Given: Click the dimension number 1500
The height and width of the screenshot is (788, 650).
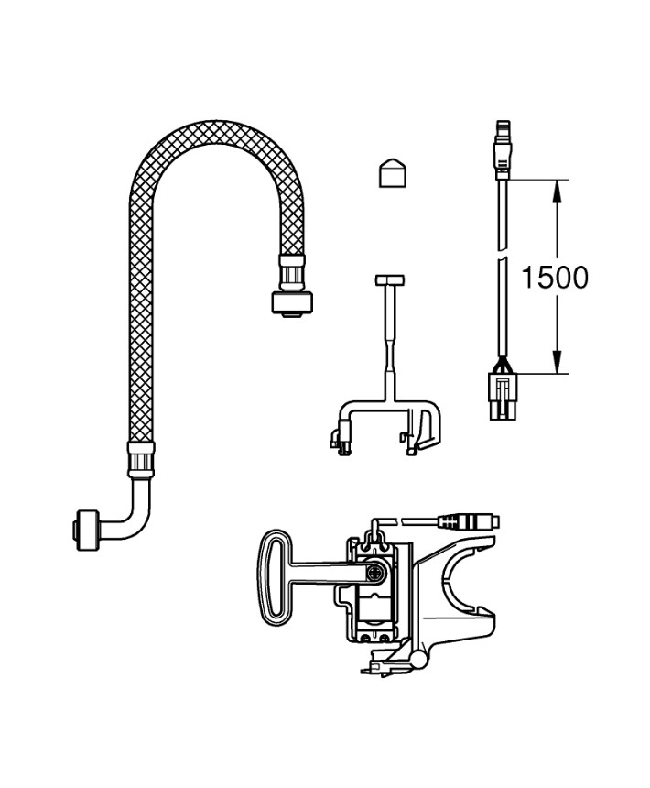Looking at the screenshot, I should coord(555,277).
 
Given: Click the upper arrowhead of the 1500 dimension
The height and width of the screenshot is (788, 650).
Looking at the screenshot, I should coord(555,189).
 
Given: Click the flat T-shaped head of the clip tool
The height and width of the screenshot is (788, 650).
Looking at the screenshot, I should coord(392,278).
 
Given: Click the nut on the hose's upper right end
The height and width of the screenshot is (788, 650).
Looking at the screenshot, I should coord(292,302).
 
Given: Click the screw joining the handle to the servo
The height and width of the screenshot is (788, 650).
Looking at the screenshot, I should coord(375,575).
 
